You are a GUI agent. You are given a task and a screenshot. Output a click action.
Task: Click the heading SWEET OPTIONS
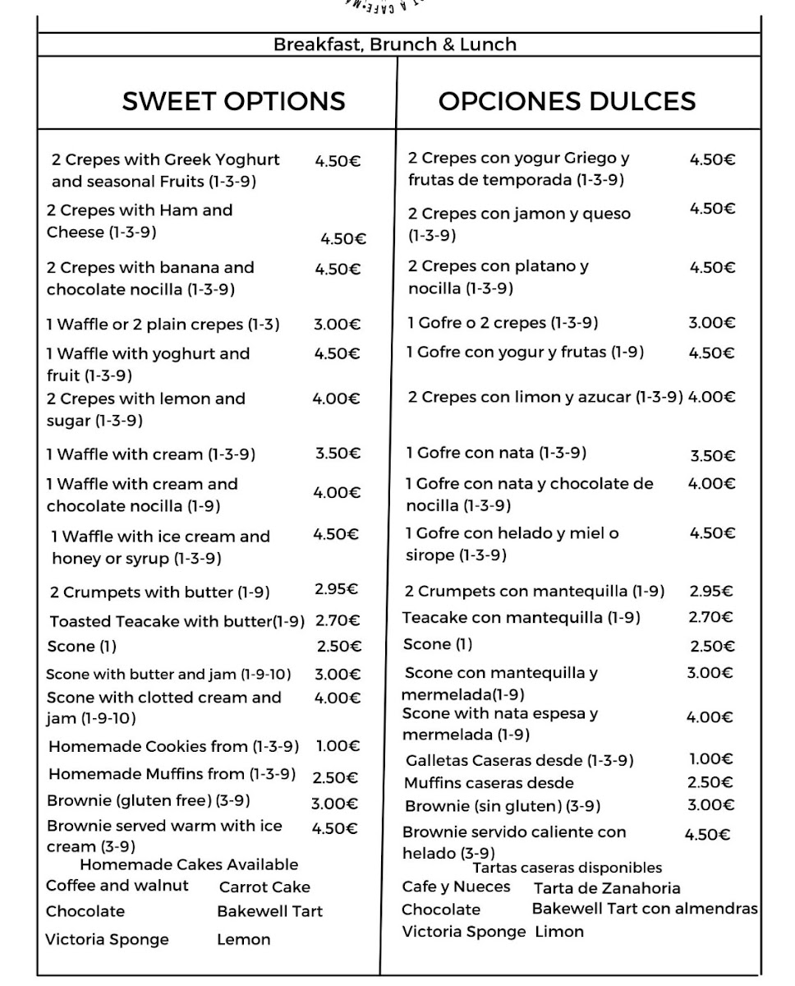233,101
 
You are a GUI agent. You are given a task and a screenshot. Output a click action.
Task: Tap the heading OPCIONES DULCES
567,101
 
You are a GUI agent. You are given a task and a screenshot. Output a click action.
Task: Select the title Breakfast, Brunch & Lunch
395,44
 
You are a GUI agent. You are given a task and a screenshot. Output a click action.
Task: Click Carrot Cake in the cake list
264,887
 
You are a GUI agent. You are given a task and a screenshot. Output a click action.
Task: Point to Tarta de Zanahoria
607,888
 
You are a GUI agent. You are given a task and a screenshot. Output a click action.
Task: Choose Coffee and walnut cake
117,886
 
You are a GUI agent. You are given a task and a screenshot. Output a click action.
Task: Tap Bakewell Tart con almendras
645,909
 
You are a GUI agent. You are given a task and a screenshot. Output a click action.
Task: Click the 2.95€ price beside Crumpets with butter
337,589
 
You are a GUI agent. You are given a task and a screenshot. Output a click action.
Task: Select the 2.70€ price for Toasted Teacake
338,620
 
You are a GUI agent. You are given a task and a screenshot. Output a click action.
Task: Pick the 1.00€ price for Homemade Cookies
338,746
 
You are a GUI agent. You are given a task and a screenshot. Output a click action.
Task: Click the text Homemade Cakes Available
189,864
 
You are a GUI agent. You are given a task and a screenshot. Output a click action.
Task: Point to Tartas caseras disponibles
567,868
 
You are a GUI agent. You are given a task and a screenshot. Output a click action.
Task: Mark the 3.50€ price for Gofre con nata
712,456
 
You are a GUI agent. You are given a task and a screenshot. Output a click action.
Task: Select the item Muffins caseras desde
489,783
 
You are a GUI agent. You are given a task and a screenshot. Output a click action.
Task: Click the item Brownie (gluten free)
149,800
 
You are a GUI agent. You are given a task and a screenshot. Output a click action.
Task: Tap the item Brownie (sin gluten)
503,806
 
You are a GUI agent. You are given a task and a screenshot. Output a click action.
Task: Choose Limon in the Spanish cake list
559,932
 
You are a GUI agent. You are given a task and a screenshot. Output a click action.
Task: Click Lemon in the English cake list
243,939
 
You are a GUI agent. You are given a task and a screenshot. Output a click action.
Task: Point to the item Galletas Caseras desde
520,761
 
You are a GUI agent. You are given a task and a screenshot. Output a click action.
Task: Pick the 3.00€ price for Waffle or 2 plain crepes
337,325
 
